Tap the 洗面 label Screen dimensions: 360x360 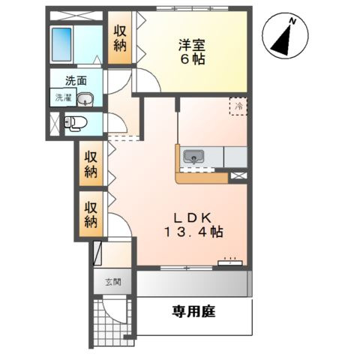[75, 81]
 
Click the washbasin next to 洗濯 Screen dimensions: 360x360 [85, 97]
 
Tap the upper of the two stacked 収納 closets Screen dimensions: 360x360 [91, 163]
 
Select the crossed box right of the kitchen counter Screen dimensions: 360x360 [239, 174]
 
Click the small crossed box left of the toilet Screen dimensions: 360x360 [53, 122]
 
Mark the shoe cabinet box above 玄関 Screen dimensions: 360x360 [97, 255]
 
